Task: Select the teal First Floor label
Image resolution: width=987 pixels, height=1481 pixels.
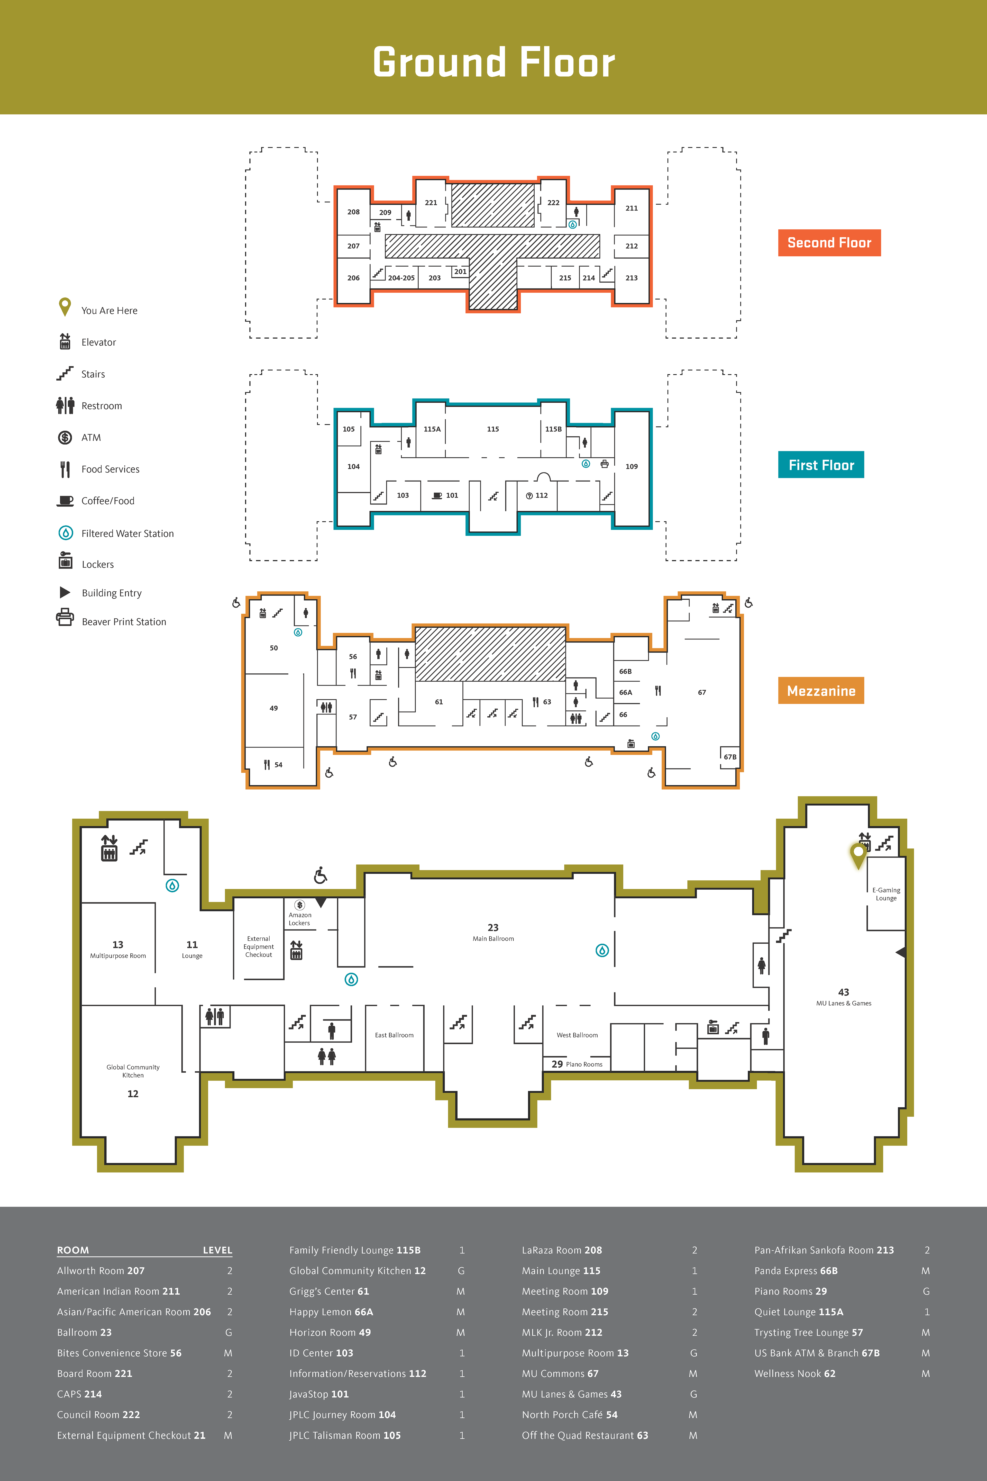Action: pos(821,465)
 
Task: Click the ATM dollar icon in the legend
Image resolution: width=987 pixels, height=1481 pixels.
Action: pos(65,437)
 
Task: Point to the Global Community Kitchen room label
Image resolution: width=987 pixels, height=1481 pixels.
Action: pos(133,1071)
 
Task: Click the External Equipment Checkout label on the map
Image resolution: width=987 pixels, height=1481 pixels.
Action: pos(259,946)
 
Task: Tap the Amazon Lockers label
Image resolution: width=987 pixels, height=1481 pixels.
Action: pos(300,919)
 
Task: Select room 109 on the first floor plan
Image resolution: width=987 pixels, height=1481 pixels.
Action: pos(631,467)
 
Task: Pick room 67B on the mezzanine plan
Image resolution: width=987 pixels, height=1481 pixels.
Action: pos(729,757)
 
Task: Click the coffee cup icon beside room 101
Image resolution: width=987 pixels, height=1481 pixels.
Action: pos(437,495)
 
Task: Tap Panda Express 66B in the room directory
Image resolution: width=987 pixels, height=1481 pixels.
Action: pos(796,1271)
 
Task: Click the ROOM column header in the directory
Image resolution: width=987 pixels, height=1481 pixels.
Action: pos(73,1250)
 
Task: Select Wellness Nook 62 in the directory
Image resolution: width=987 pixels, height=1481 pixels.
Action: pos(794,1373)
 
